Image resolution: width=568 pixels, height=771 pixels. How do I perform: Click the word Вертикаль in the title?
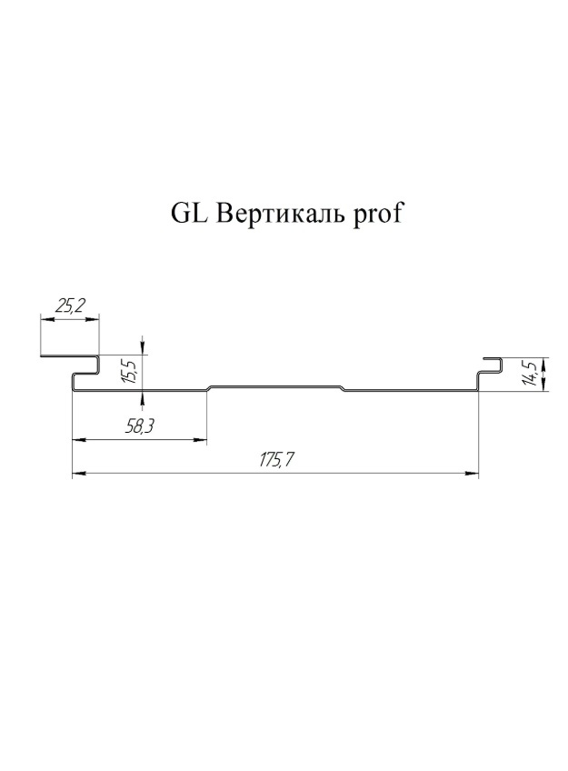click(x=279, y=214)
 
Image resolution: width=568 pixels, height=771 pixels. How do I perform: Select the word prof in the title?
click(x=376, y=214)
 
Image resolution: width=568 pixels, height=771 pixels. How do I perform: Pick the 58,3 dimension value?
click(x=140, y=426)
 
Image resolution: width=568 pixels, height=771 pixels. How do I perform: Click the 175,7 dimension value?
click(x=275, y=460)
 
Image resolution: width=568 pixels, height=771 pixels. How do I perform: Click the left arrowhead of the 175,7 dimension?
click(x=79, y=474)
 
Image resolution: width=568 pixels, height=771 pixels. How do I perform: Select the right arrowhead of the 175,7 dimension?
click(x=472, y=474)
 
